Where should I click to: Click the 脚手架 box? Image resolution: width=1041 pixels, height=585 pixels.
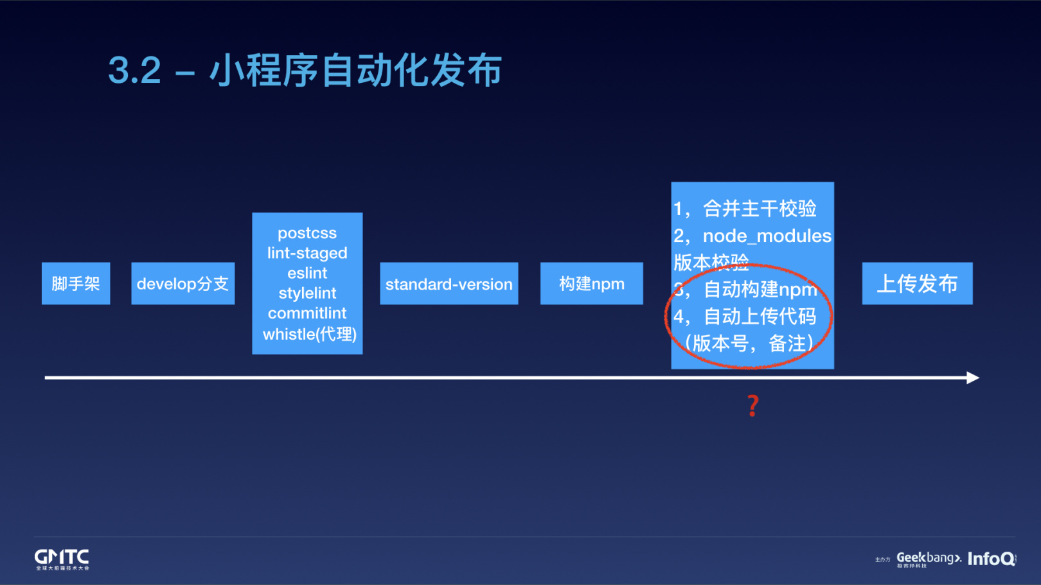click(x=76, y=283)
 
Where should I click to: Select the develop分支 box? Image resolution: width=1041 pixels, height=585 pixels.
click(x=182, y=283)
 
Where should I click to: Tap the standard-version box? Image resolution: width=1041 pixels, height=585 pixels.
click(x=449, y=284)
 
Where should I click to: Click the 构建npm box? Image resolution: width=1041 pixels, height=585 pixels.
click(x=591, y=283)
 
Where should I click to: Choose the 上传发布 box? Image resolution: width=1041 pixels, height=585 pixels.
click(x=917, y=283)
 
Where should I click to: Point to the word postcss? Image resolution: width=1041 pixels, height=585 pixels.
click(x=307, y=233)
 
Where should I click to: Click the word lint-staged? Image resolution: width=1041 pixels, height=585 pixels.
click(x=307, y=253)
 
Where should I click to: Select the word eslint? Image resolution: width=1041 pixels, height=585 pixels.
click(x=307, y=273)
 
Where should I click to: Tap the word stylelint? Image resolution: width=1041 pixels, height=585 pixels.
click(x=307, y=293)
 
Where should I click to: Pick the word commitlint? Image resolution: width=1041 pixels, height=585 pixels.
click(x=307, y=313)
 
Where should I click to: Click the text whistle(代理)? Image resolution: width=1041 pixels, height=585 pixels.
click(x=309, y=334)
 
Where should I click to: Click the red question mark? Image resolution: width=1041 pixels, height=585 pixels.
click(x=753, y=406)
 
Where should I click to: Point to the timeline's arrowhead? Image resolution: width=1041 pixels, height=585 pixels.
click(x=973, y=378)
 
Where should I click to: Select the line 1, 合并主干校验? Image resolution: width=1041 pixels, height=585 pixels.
click(x=745, y=209)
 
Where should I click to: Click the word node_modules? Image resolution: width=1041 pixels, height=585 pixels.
click(x=767, y=236)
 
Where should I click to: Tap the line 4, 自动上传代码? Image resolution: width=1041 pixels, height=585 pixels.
click(x=745, y=316)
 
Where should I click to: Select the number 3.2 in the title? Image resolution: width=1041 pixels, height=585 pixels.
click(x=134, y=70)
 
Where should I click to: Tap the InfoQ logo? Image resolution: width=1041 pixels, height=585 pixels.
click(x=992, y=559)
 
